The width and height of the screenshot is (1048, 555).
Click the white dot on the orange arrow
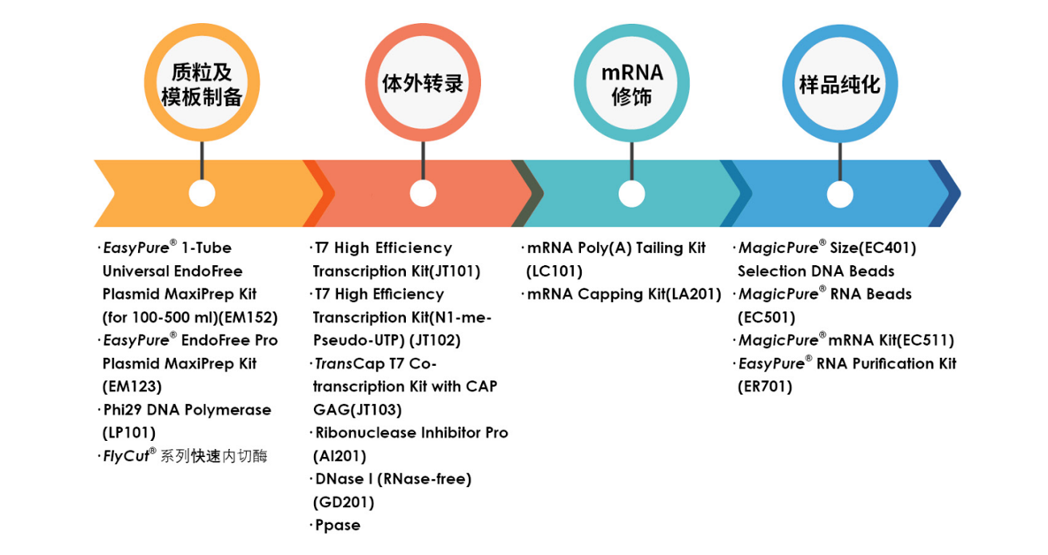tap(202, 194)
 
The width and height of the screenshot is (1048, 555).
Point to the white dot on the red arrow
tap(423, 194)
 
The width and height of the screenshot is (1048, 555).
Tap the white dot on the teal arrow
tap(631, 194)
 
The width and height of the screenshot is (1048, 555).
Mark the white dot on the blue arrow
tap(839, 194)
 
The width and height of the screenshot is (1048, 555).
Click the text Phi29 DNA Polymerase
tap(187, 409)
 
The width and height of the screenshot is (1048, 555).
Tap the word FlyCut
tap(126, 456)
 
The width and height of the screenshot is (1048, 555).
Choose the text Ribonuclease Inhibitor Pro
tap(412, 433)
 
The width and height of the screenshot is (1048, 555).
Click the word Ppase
tap(338, 526)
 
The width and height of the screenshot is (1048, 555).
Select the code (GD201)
tap(343, 502)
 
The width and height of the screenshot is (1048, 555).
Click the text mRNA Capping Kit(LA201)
tap(624, 294)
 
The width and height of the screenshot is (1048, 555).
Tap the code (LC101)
tap(555, 271)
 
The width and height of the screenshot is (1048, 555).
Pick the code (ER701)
tap(765, 387)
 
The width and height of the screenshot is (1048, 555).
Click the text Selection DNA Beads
tap(816, 271)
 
